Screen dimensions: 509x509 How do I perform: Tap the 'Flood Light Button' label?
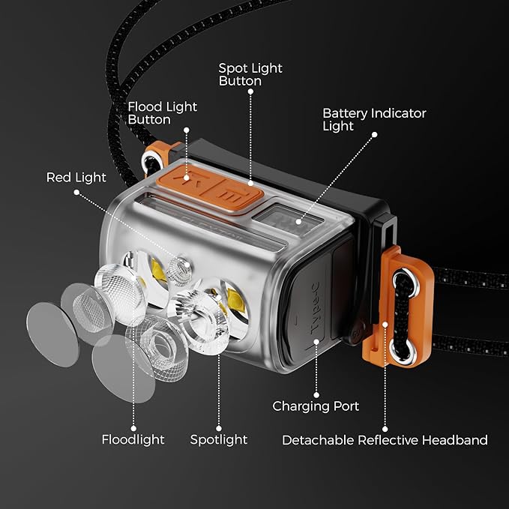pos(162,113)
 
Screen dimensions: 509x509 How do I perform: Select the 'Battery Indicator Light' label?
pos(373,119)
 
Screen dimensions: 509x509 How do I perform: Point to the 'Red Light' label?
pos(76,178)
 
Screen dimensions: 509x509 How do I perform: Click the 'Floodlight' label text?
pos(133,440)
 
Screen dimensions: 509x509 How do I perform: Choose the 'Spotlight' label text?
pos(218,440)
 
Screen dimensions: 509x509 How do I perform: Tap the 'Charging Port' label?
pos(316,406)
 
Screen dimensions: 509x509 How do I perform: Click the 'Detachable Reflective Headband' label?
pos(385,440)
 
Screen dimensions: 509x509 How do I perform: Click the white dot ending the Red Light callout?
pos(76,193)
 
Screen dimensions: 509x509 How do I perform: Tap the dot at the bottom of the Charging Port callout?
pos(316,394)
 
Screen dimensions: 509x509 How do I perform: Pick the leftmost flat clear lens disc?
pos(52,334)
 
